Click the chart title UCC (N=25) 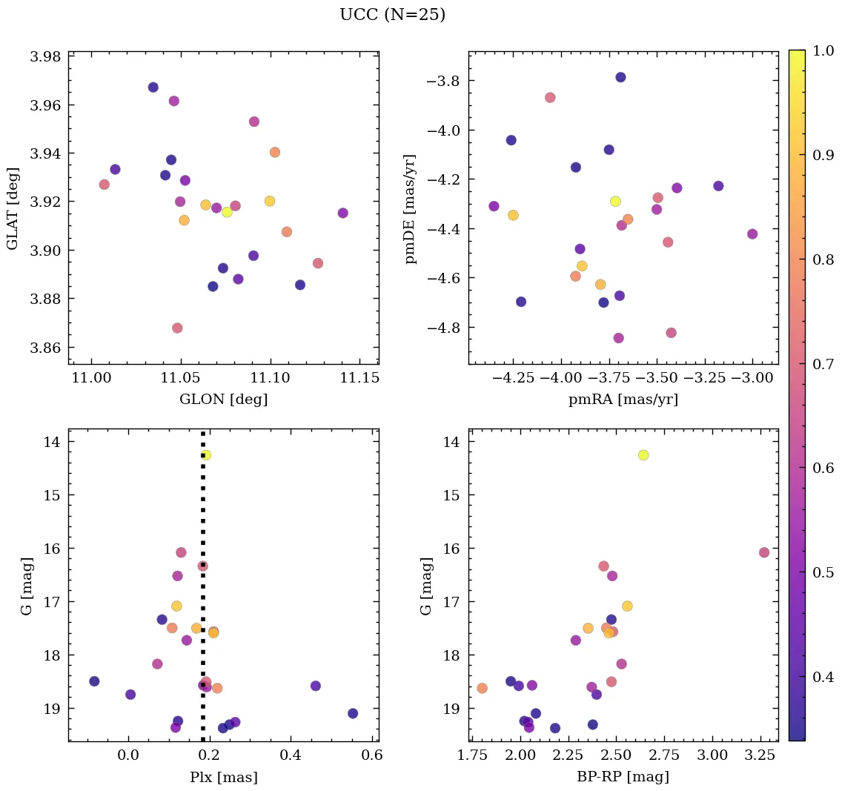(x=392, y=15)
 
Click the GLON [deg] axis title (x=223, y=400)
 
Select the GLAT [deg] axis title (x=13, y=208)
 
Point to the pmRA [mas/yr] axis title (x=623, y=400)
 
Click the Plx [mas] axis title (x=223, y=777)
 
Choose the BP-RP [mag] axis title (x=623, y=777)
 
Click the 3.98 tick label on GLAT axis (x=44, y=57)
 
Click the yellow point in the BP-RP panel (x=643, y=455)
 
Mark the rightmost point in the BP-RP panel (x=764, y=552)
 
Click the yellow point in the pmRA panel (x=615, y=202)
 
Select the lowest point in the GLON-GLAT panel (x=177, y=328)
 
